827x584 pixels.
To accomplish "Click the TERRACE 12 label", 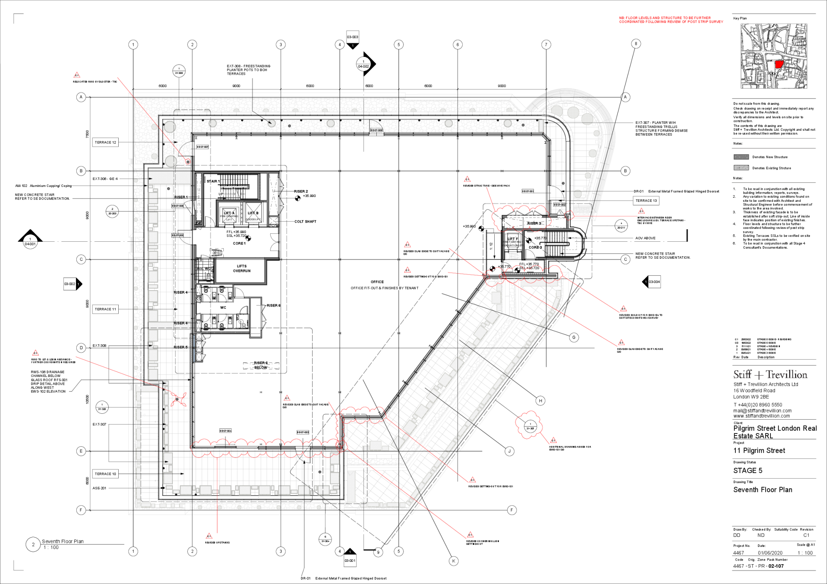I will tap(105, 142).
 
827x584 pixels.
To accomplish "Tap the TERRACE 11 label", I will tap(105, 309).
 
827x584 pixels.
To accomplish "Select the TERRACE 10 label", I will tap(105, 474).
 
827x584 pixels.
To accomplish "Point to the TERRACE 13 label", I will tap(646, 201).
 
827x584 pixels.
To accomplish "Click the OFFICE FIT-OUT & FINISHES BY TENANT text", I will tap(384, 288).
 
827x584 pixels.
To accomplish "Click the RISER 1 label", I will tap(181, 197).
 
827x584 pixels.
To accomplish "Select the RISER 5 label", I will tap(181, 347).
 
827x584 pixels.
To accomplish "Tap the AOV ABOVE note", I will tap(645, 238).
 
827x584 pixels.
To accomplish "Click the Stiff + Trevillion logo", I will tap(770, 375).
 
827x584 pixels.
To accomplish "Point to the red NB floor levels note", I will tap(671, 20).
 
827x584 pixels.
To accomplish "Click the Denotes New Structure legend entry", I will tap(770, 157).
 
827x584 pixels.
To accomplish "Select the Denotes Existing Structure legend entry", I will tap(771, 168).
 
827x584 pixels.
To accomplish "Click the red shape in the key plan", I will tap(779, 64).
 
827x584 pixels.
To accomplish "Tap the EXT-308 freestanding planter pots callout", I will tap(248, 70).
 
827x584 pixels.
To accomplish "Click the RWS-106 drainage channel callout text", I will tap(49, 381).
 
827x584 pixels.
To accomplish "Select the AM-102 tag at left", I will tap(21, 186).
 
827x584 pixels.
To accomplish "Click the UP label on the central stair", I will tap(221, 194).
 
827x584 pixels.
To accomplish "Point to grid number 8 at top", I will tap(636, 44).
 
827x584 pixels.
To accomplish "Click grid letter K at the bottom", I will tap(453, 561).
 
